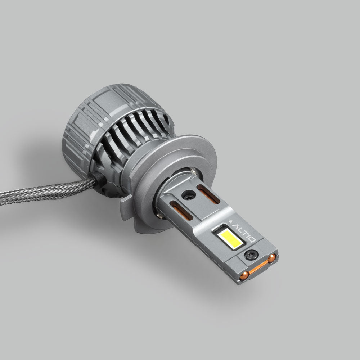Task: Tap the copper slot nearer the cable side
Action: click(181, 211)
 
